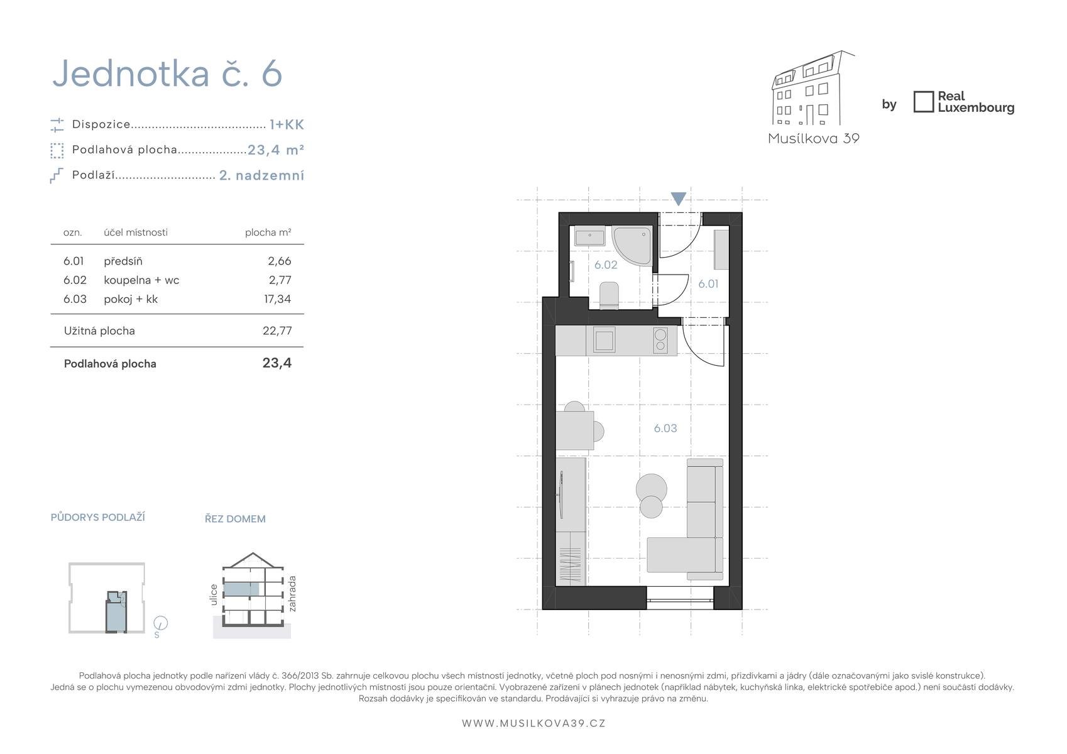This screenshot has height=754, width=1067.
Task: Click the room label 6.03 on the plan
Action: [665, 428]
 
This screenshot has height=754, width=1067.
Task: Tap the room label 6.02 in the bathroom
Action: [605, 265]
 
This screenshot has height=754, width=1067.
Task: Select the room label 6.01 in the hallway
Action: [708, 284]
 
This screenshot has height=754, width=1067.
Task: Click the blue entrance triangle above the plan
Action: [678, 199]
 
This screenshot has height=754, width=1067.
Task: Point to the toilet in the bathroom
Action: [609, 295]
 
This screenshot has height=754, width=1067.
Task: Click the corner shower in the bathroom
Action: [632, 246]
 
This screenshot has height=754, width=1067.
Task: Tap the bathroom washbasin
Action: [589, 236]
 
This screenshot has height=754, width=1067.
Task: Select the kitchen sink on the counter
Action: [604, 340]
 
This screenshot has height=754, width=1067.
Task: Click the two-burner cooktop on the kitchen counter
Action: [660, 340]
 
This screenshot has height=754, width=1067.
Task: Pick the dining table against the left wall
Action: [574, 430]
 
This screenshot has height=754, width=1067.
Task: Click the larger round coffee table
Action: [651, 489]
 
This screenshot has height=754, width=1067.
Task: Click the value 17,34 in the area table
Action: [277, 299]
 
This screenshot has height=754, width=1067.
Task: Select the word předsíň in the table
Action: [123, 261]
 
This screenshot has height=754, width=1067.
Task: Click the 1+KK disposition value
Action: [287, 125]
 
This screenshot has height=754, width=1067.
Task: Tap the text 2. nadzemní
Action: [261, 175]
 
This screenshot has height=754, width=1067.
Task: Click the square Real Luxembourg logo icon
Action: [923, 102]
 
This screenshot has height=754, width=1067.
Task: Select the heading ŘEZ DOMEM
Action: [235, 519]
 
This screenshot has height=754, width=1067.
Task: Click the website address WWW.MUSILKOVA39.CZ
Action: [533, 723]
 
